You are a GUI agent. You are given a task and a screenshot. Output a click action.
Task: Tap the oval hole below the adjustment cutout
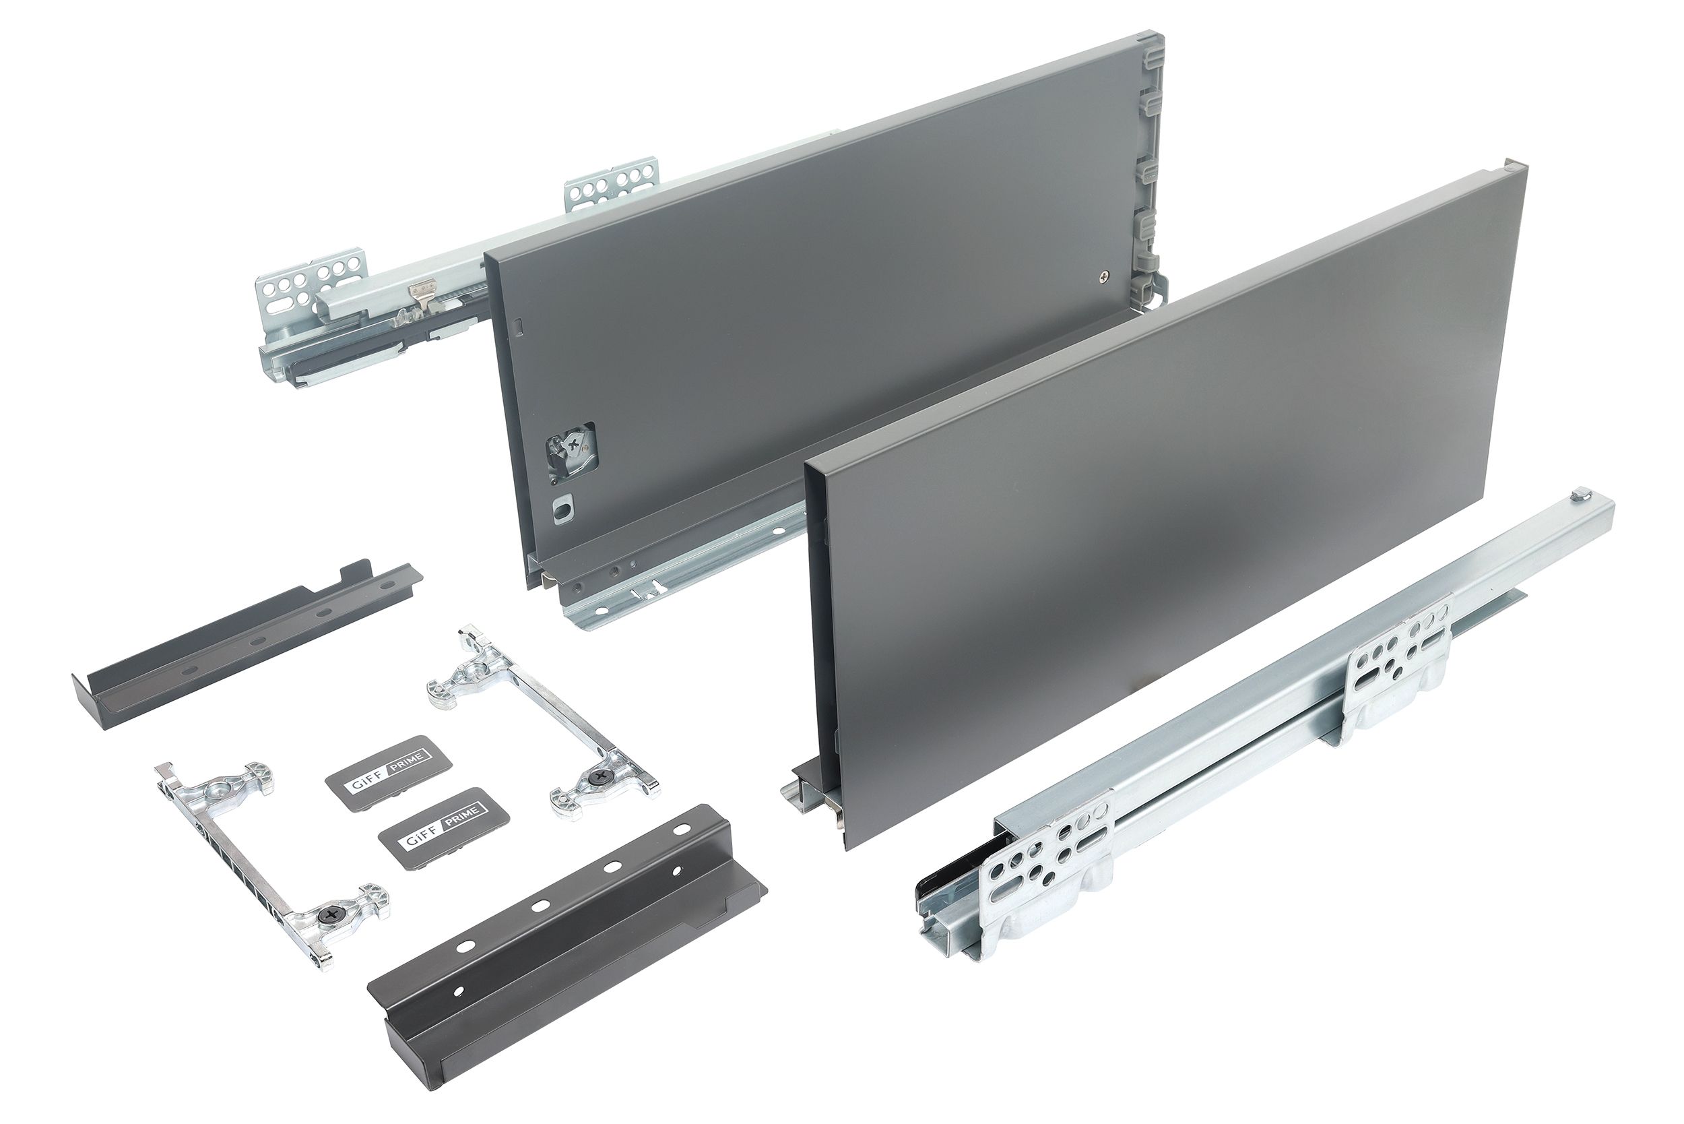click(562, 511)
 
